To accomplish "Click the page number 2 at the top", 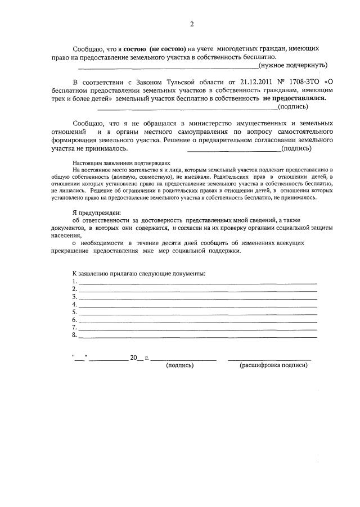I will point(191,24).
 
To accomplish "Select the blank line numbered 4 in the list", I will point(197,305).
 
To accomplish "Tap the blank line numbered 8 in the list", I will point(197,336).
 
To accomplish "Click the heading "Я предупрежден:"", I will point(96,212).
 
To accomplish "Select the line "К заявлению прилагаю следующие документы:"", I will point(138,273).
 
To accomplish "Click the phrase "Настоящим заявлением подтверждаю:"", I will point(117,162).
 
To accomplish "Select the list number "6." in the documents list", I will point(74,320).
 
